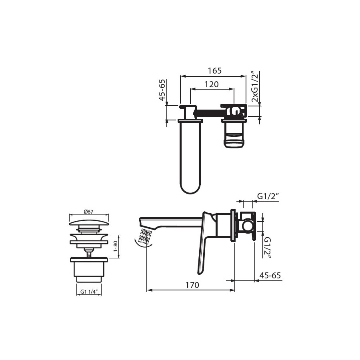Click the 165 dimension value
[x=215, y=71]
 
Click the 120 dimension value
[x=212, y=84]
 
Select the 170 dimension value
[x=192, y=285]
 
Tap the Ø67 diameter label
[x=89, y=212]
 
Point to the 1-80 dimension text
[x=116, y=246]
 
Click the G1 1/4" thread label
[x=89, y=292]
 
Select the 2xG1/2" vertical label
[x=255, y=86]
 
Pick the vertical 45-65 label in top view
[x=162, y=90]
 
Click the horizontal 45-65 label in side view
[x=270, y=275]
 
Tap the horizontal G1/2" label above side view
[x=268, y=196]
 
